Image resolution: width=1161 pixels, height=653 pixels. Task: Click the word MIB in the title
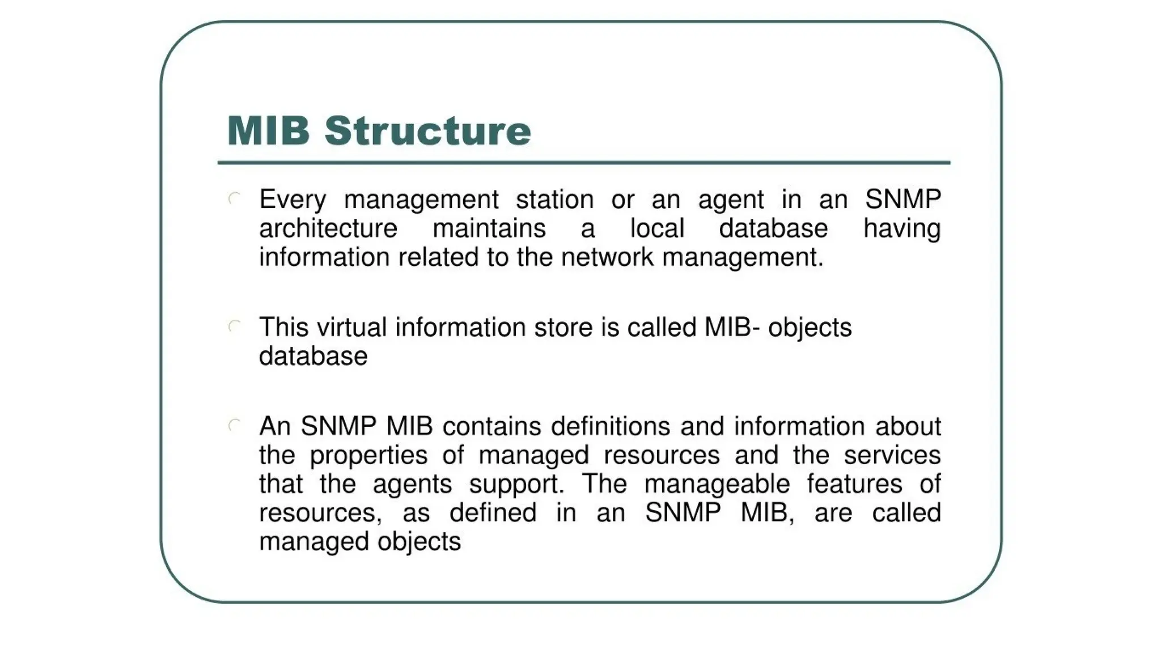point(268,131)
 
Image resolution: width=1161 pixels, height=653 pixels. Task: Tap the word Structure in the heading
point(428,131)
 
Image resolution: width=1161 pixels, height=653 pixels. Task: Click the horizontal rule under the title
point(584,163)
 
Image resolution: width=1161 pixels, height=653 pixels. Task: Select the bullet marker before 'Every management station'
point(235,199)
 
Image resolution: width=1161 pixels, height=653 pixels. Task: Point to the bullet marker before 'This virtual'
point(235,326)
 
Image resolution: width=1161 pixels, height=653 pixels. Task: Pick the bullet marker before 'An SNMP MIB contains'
point(235,426)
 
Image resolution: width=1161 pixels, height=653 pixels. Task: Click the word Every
point(293,200)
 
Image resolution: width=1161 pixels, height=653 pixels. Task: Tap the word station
point(554,200)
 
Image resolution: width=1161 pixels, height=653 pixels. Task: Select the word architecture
point(328,228)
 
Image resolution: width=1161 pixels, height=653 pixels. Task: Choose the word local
point(657,228)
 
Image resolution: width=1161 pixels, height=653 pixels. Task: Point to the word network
point(607,257)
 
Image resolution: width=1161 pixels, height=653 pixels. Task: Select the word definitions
point(611,426)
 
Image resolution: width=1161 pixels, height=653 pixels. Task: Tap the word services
point(892,455)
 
